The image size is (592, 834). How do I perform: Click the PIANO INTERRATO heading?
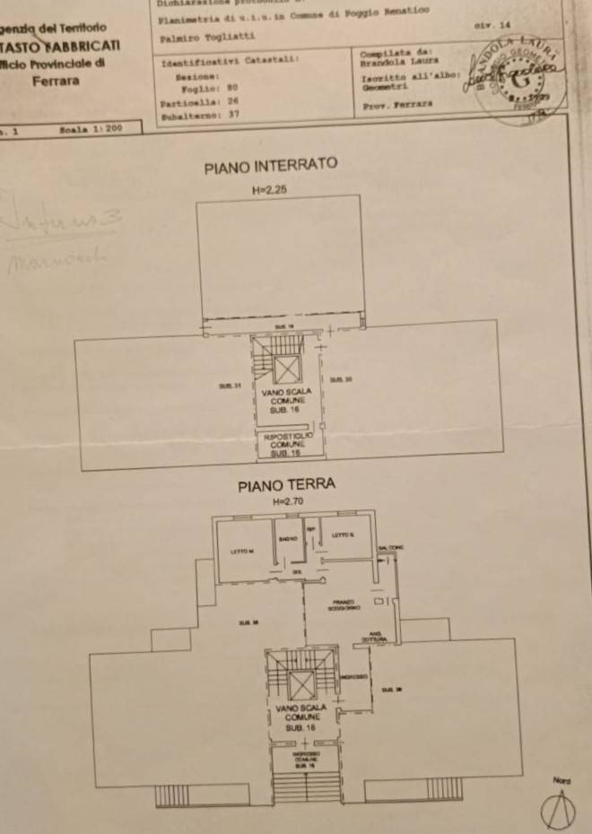coord(270,166)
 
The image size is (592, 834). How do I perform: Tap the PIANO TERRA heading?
coord(286,485)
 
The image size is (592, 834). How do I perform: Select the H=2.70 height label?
coord(289,502)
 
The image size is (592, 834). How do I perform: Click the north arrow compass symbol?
coord(560,811)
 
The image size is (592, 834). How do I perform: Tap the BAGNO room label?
coord(287,539)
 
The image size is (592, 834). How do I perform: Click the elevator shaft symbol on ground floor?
coord(301,685)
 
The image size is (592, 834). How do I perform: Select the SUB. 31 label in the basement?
coord(229,386)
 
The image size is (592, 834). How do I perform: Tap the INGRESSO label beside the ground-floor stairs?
coord(353,676)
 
